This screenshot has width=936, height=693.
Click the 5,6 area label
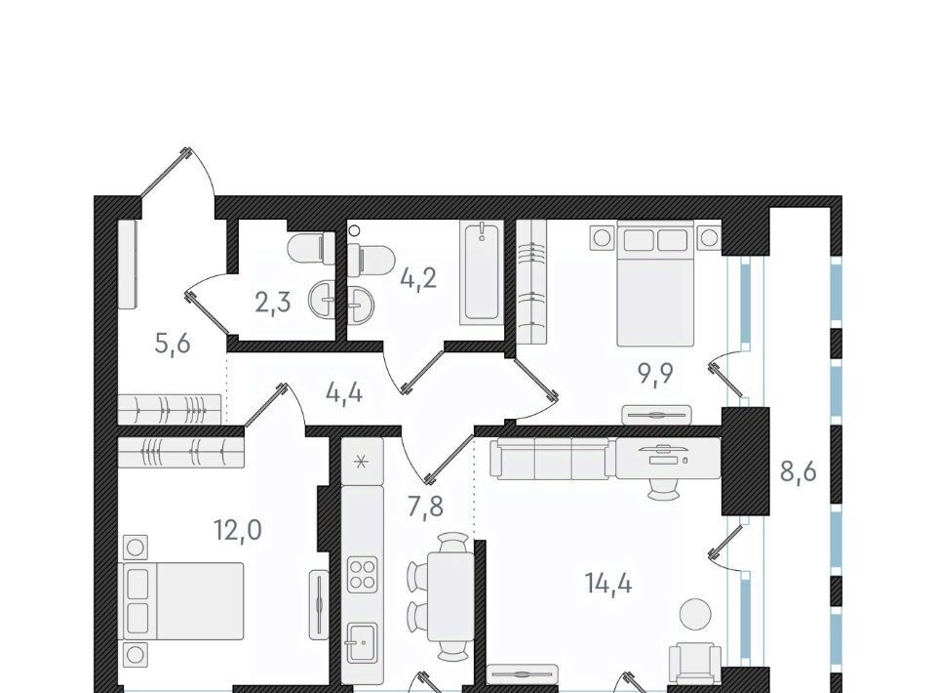pyautogui.click(x=172, y=344)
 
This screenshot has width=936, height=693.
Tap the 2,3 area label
pyautogui.click(x=273, y=303)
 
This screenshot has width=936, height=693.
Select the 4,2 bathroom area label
pyautogui.click(x=418, y=278)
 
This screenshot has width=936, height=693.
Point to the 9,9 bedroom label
pyautogui.click(x=655, y=375)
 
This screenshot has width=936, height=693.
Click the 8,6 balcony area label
pyautogui.click(x=799, y=470)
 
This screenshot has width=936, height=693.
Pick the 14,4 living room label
pyautogui.click(x=608, y=583)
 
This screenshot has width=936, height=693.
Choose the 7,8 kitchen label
pyautogui.click(x=426, y=507)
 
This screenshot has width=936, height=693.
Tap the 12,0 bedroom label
pyautogui.click(x=238, y=529)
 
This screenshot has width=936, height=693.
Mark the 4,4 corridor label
pyautogui.click(x=344, y=393)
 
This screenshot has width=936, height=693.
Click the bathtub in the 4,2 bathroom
pyautogui.click(x=481, y=272)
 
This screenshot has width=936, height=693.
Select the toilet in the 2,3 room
pyautogui.click(x=311, y=248)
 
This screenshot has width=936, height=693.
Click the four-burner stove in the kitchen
pyautogui.click(x=363, y=574)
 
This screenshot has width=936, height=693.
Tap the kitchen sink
pyautogui.click(x=361, y=643)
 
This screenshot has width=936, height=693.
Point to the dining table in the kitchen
pyautogui.click(x=450, y=595)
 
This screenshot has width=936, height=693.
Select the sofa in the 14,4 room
pyautogui.click(x=550, y=458)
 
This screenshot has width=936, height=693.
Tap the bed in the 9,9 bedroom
pyautogui.click(x=655, y=283)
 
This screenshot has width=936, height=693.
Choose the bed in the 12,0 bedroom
pyautogui.click(x=183, y=600)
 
